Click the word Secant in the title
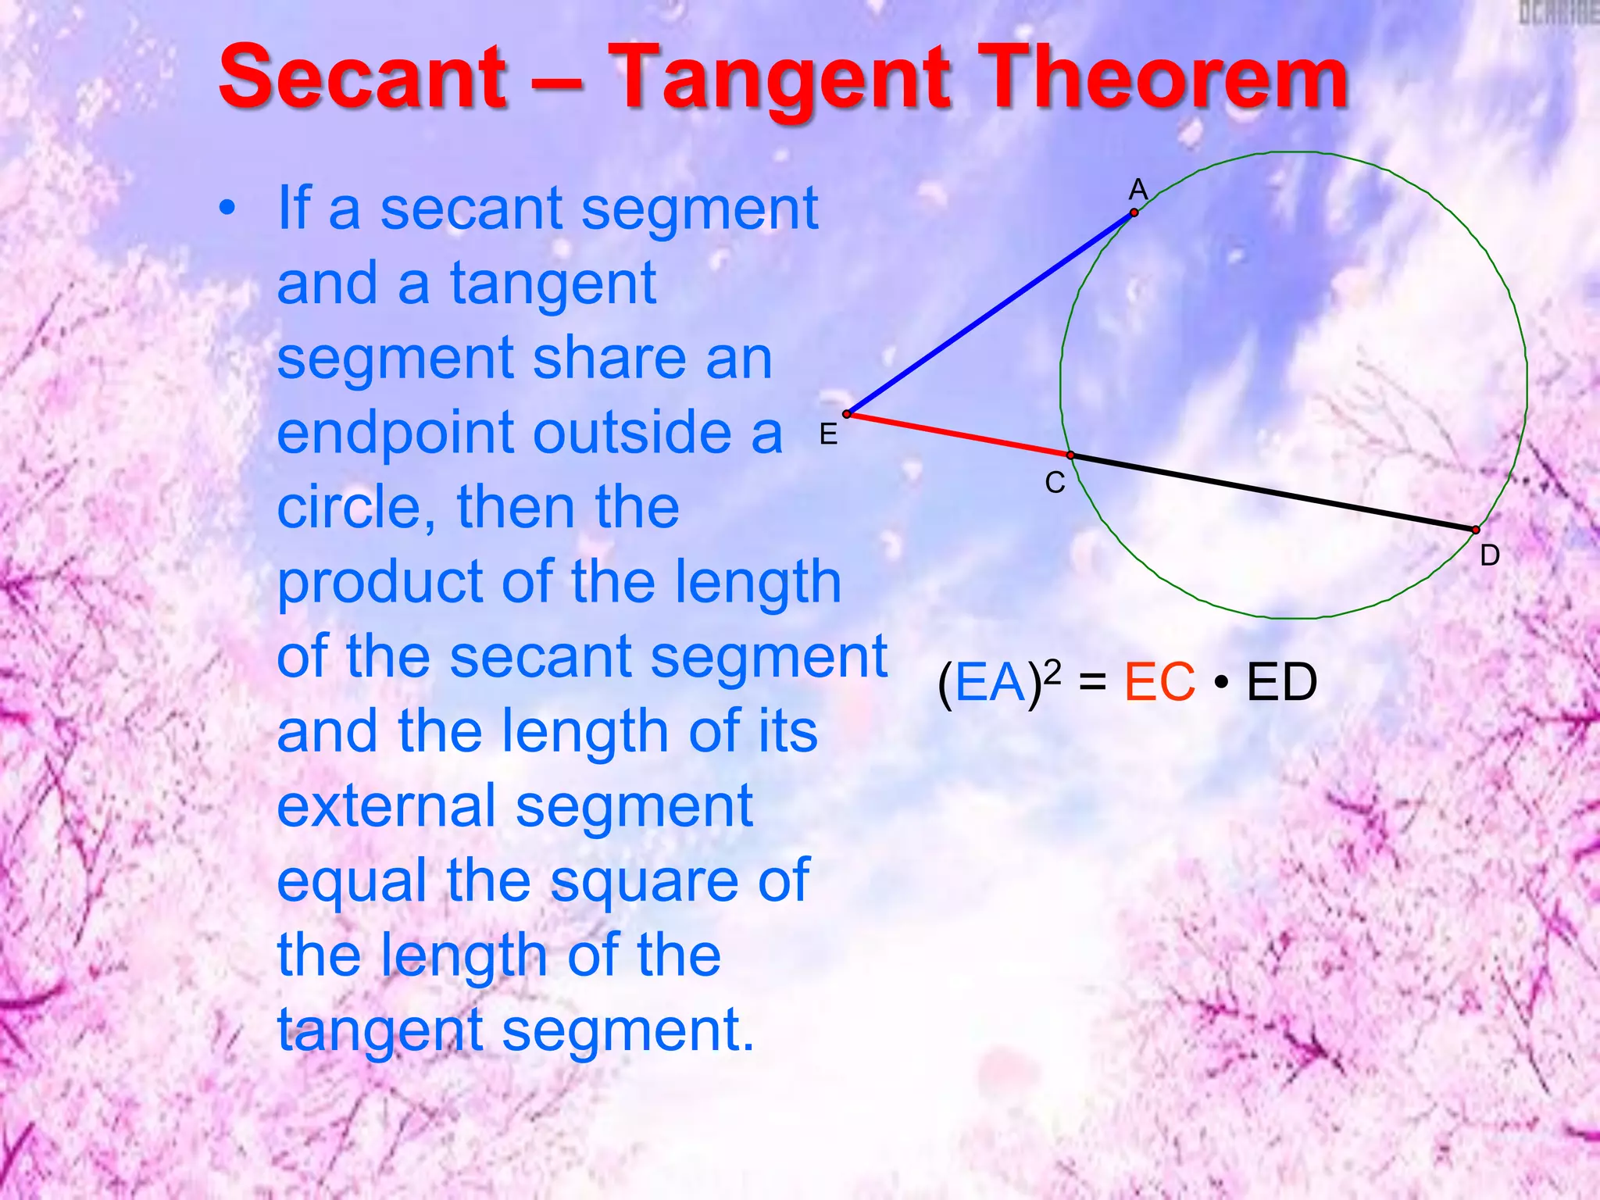tap(363, 78)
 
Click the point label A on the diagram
tap(1138, 190)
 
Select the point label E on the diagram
tap(828, 434)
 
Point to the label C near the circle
tap(1055, 483)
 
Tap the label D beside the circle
tap(1490, 555)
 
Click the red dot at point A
tap(1134, 212)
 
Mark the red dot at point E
tap(847, 414)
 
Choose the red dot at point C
tap(1070, 455)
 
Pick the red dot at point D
tap(1476, 530)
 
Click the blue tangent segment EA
tap(991, 312)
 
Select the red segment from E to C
tap(959, 434)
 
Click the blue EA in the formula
tap(990, 683)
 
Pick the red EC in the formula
tap(1159, 683)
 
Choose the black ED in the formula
tap(1281, 683)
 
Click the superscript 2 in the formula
tap(1052, 670)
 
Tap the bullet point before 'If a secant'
tap(227, 209)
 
